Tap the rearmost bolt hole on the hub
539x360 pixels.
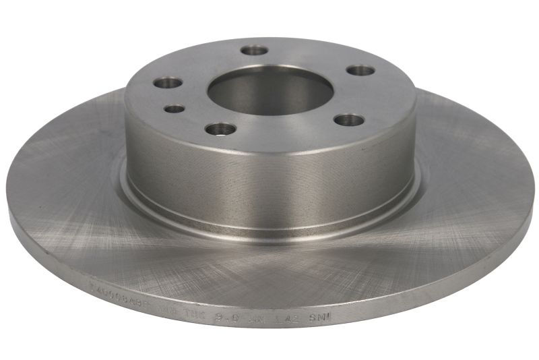pos(254,50)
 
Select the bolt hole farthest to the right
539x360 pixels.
pos(360,70)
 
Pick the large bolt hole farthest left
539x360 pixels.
pos(168,83)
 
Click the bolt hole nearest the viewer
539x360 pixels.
pos(220,128)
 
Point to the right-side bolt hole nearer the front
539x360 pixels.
pos(349,120)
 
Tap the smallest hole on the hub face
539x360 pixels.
pos(175,108)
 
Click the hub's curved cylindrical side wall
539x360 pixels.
pos(269,175)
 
